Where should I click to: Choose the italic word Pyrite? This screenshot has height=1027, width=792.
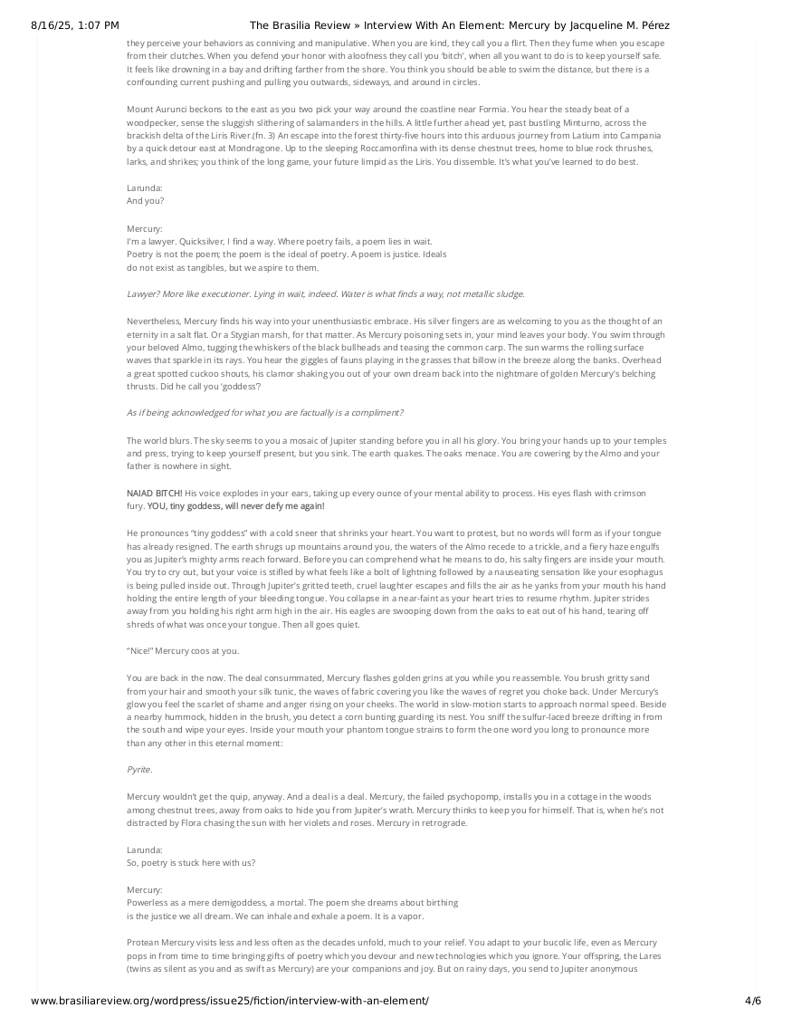click(139, 768)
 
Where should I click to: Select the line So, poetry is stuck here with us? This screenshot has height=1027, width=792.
click(191, 862)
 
